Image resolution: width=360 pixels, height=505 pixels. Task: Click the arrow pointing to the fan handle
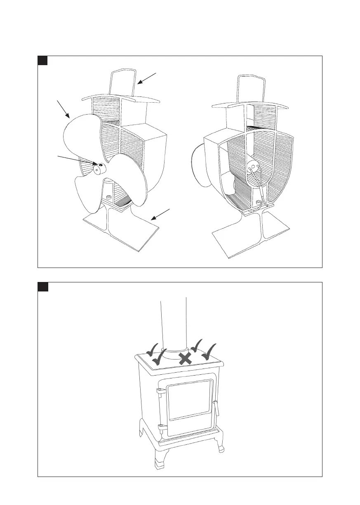(147, 78)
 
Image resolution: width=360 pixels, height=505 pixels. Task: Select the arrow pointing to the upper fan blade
(64, 110)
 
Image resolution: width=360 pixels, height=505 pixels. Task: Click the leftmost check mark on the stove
(153, 350)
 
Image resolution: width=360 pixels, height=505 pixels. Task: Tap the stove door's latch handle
(216, 408)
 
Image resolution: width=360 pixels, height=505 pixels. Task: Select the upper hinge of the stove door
(158, 390)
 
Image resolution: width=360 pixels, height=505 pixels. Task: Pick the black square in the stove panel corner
(43, 287)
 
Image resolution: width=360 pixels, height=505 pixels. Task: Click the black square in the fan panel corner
(43, 60)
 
